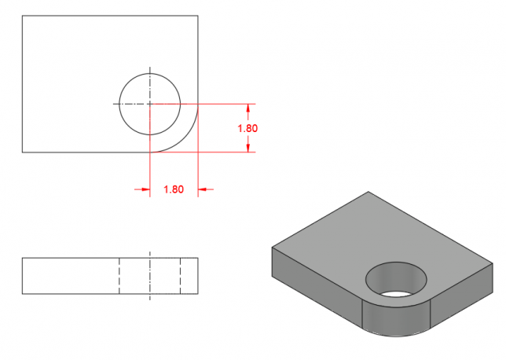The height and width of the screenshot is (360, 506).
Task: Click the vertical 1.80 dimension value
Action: [247, 128]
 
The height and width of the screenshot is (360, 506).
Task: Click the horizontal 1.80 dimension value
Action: [174, 189]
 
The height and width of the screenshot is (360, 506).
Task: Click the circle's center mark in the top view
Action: [150, 104]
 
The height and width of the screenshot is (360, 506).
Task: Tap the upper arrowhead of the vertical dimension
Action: [247, 108]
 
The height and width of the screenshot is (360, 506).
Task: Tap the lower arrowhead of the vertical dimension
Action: [247, 148]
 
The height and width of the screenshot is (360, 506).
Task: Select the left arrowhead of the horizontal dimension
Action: [145, 189]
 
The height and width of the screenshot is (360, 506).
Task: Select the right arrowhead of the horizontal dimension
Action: [202, 189]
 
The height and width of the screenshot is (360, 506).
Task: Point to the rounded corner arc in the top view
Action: [184, 138]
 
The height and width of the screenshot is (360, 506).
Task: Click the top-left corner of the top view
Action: [22, 16]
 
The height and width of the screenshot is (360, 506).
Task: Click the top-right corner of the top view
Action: [198, 16]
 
